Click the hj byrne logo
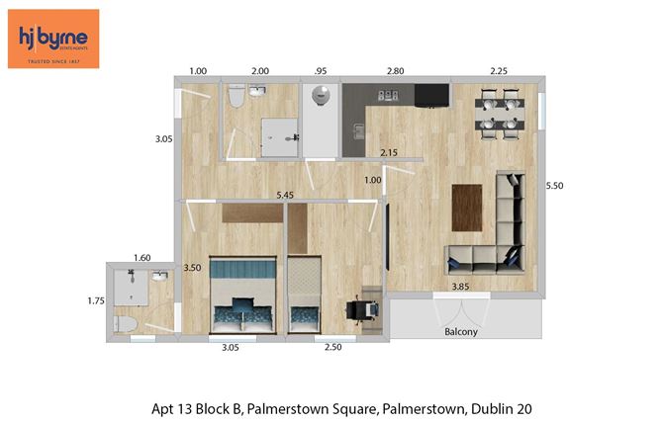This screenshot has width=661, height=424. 53,39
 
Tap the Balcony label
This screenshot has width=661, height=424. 461,332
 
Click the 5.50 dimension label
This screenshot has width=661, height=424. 557,185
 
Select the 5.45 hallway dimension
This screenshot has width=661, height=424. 286,195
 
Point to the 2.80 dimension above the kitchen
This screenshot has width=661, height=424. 395,72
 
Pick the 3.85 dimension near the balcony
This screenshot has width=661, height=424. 461,287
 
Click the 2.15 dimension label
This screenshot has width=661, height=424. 390,152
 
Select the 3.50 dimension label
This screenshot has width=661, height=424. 192,268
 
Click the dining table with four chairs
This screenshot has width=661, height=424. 500,112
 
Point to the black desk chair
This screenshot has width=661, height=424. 362,309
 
